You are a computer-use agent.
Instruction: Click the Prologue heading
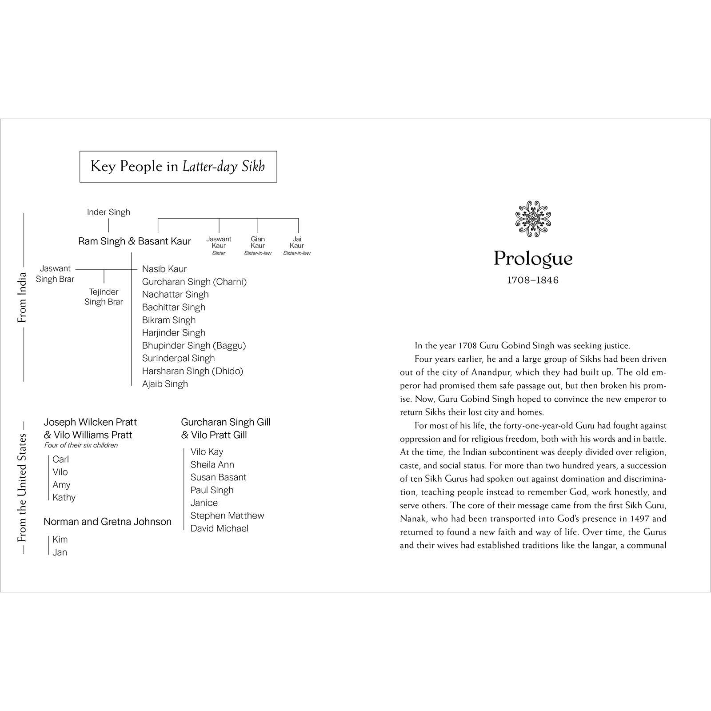pyautogui.click(x=533, y=259)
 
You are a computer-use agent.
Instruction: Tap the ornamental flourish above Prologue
pyautogui.click(x=533, y=219)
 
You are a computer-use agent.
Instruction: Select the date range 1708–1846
pyautogui.click(x=533, y=280)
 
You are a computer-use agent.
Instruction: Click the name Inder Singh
pyautogui.click(x=108, y=212)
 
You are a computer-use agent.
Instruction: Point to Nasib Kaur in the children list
pyautogui.click(x=164, y=269)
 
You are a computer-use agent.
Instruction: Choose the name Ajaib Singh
pyautogui.click(x=165, y=384)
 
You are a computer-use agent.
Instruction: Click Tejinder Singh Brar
pyautogui.click(x=104, y=297)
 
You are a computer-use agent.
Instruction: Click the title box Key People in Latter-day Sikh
pyautogui.click(x=178, y=167)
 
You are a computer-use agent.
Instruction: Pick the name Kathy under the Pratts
pyautogui.click(x=64, y=498)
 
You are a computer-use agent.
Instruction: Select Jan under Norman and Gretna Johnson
pyautogui.click(x=60, y=552)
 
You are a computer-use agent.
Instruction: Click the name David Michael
pyautogui.click(x=220, y=528)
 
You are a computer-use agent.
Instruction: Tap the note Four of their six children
pyautogui.click(x=81, y=445)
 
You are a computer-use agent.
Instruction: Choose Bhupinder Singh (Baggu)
pyautogui.click(x=194, y=346)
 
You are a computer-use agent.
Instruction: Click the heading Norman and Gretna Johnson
pyautogui.click(x=108, y=522)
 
